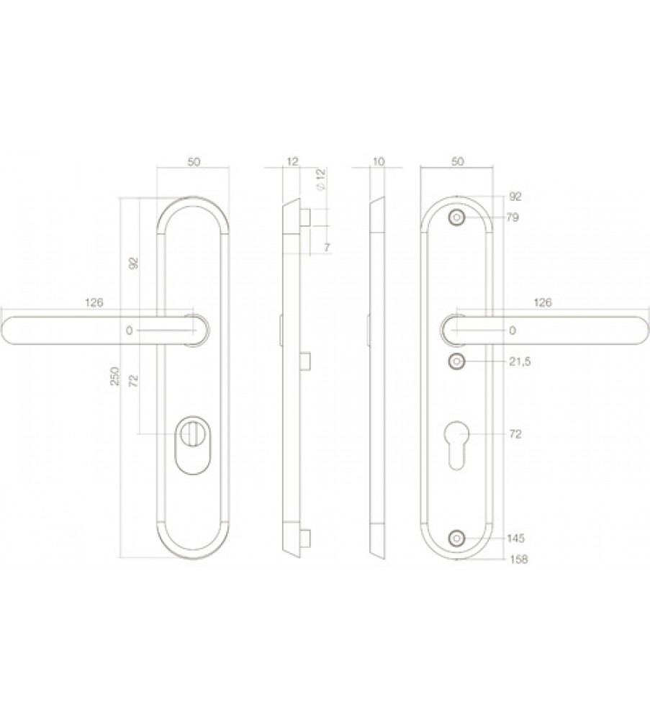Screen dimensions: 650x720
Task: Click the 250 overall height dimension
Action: tap(115, 376)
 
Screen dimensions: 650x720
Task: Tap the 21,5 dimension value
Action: tap(520, 362)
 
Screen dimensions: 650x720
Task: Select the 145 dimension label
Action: tap(516, 538)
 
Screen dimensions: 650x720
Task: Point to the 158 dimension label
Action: tap(519, 559)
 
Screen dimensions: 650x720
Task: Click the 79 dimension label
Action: tap(513, 217)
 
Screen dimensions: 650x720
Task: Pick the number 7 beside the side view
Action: tap(327, 248)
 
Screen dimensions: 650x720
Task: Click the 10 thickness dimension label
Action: tap(379, 161)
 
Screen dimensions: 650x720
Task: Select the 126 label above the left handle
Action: tap(94, 302)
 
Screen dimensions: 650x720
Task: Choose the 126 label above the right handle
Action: tap(543, 302)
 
